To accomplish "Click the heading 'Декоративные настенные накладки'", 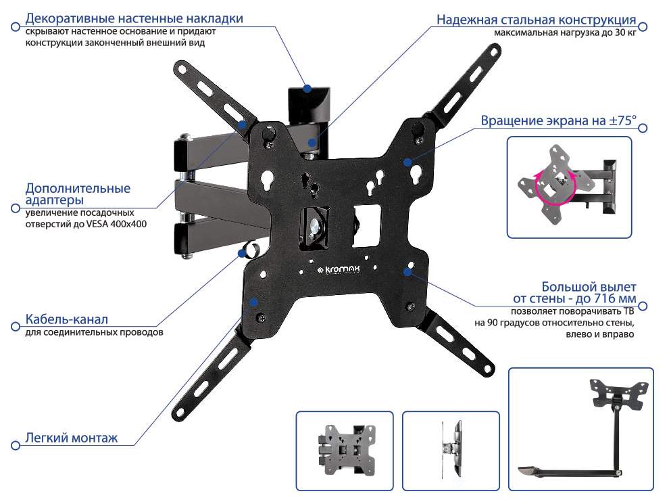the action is (x=134, y=18).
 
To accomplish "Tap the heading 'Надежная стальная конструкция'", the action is (x=537, y=20).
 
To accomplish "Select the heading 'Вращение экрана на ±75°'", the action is (x=558, y=120).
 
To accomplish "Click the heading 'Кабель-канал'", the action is (x=66, y=319).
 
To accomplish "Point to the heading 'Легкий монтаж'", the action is (x=71, y=438).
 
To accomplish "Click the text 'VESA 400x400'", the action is (x=116, y=224).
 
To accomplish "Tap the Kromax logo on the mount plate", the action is (x=339, y=269).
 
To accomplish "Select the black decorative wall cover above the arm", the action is (x=309, y=104).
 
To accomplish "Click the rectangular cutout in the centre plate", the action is (x=367, y=225).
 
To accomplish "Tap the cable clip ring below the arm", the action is (x=251, y=249).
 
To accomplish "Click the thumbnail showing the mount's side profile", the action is (x=451, y=451).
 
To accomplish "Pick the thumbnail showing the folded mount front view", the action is (x=345, y=451).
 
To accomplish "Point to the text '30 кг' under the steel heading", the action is (x=626, y=33).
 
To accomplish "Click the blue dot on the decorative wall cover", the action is (x=307, y=89).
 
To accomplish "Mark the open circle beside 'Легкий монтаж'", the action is (x=16, y=446).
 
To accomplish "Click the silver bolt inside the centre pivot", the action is (x=316, y=225).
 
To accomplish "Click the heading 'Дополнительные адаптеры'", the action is (x=78, y=193).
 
